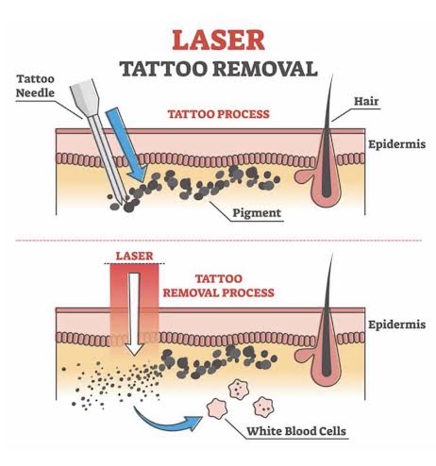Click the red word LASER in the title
[x=218, y=41]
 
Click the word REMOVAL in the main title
[x=265, y=69]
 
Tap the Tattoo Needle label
[x=35, y=86]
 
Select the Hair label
[x=366, y=101]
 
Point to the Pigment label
[x=257, y=213]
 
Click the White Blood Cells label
[x=296, y=431]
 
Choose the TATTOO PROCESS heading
[x=218, y=114]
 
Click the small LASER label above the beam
[x=134, y=256]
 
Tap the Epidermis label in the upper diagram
[x=397, y=144]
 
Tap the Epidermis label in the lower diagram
[x=397, y=325]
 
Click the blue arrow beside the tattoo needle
[x=126, y=145]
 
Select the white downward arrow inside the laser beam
[x=134, y=314]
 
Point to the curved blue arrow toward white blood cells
[x=167, y=421]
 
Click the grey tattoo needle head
[x=85, y=97]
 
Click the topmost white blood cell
[x=239, y=389]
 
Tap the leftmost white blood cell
[x=217, y=408]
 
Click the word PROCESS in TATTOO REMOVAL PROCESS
[x=248, y=293]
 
